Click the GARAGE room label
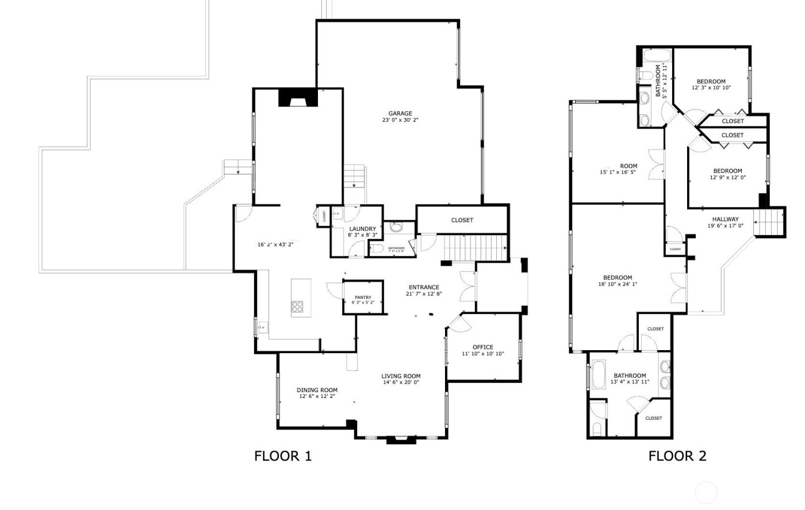click(x=400, y=113)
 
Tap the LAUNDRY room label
click(x=362, y=229)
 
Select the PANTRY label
click(x=363, y=297)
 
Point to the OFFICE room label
click(x=482, y=347)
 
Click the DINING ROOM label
click(x=317, y=390)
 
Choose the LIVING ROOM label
click(x=401, y=376)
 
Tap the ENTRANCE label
click(x=424, y=287)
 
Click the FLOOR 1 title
click(x=283, y=457)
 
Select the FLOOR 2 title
click(x=677, y=457)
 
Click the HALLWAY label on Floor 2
click(x=725, y=219)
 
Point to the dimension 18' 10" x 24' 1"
click(x=618, y=284)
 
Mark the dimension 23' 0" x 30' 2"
click(x=400, y=121)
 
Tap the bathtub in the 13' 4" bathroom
click(x=599, y=374)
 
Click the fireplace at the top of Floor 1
click(x=298, y=98)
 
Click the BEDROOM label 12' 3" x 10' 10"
click(x=711, y=82)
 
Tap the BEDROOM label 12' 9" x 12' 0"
click(x=727, y=171)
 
